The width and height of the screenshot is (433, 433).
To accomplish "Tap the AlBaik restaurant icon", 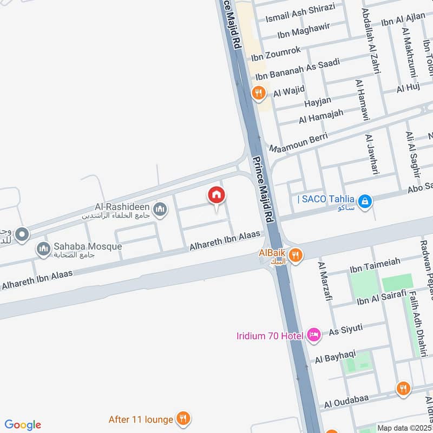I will [295, 255].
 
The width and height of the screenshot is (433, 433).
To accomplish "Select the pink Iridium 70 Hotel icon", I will [313, 336].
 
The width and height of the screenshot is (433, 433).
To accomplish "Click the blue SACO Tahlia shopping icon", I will [365, 201].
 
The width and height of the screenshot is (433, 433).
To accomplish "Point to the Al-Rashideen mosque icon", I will [160, 209].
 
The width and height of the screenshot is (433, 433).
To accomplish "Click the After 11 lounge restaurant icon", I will [184, 419].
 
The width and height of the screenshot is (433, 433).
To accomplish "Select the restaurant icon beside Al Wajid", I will [259, 93].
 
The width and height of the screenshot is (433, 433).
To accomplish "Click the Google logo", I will [23, 425].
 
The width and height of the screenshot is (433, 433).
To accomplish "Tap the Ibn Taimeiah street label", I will [375, 262].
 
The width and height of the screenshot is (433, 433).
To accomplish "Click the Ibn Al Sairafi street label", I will [381, 296].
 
